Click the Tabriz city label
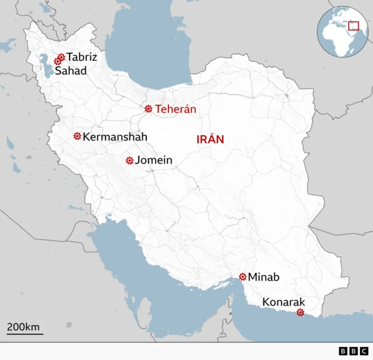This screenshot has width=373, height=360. click(x=82, y=57)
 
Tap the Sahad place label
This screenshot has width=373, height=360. click(x=71, y=71)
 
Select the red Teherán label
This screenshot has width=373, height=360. click(x=175, y=109)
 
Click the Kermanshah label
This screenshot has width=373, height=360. click(x=115, y=137)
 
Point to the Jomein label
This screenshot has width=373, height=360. click(x=153, y=160)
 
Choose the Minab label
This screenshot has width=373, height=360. click(x=263, y=277)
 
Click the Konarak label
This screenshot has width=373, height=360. click(x=283, y=302)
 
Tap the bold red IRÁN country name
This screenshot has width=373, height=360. click(x=209, y=139)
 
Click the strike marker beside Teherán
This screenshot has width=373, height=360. click(x=149, y=109)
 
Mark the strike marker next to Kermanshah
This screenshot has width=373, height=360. click(x=77, y=136)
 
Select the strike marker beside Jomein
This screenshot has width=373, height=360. click(x=129, y=160)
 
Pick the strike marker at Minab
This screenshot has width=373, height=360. click(x=242, y=277)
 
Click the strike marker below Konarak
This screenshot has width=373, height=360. click(x=300, y=313)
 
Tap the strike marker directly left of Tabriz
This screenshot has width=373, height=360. click(x=61, y=57)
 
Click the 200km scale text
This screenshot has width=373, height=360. click(x=23, y=327)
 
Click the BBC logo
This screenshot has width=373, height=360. click(x=353, y=351)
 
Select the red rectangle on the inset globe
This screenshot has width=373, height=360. click(x=353, y=25)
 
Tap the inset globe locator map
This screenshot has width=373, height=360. click(x=342, y=32)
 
